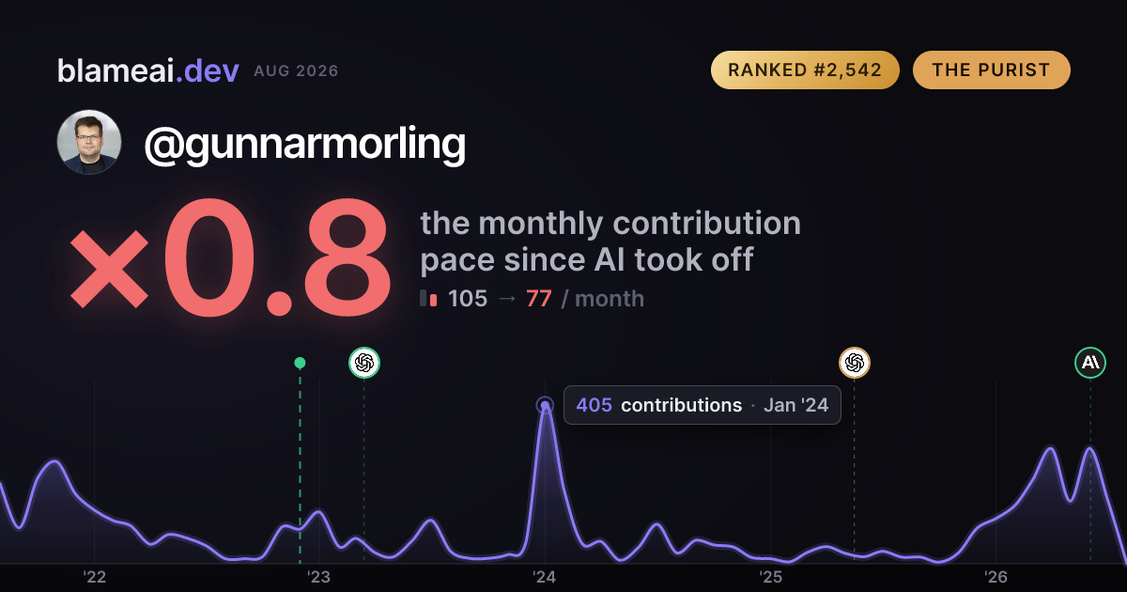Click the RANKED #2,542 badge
[805, 70]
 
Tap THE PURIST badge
[991, 70]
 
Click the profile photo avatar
[89, 142]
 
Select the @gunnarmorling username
[305, 144]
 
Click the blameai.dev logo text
[148, 70]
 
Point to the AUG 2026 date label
[296, 71]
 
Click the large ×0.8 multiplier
[230, 257]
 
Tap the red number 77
[539, 299]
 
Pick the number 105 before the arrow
[468, 299]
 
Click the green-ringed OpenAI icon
[364, 363]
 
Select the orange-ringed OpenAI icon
[855, 363]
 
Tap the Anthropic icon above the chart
[1090, 363]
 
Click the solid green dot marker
[300, 363]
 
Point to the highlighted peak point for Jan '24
[545, 405]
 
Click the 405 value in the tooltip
[594, 405]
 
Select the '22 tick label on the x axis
[94, 577]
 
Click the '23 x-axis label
[319, 577]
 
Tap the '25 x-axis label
[770, 577]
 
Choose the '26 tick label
[996, 577]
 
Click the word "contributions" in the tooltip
[681, 405]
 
